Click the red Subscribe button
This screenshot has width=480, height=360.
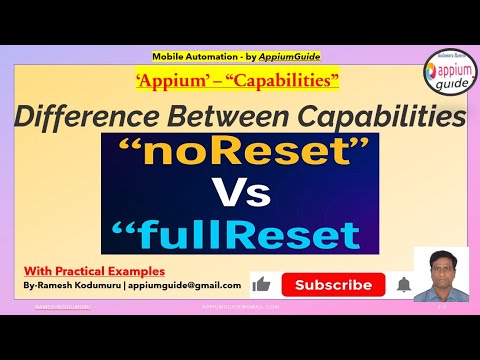[333, 285]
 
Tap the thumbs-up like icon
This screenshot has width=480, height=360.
[262, 285]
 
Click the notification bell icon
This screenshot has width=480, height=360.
[404, 285]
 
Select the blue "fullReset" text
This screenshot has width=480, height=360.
[240, 235]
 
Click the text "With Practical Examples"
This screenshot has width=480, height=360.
[95, 269]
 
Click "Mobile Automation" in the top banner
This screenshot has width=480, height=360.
[193, 57]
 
